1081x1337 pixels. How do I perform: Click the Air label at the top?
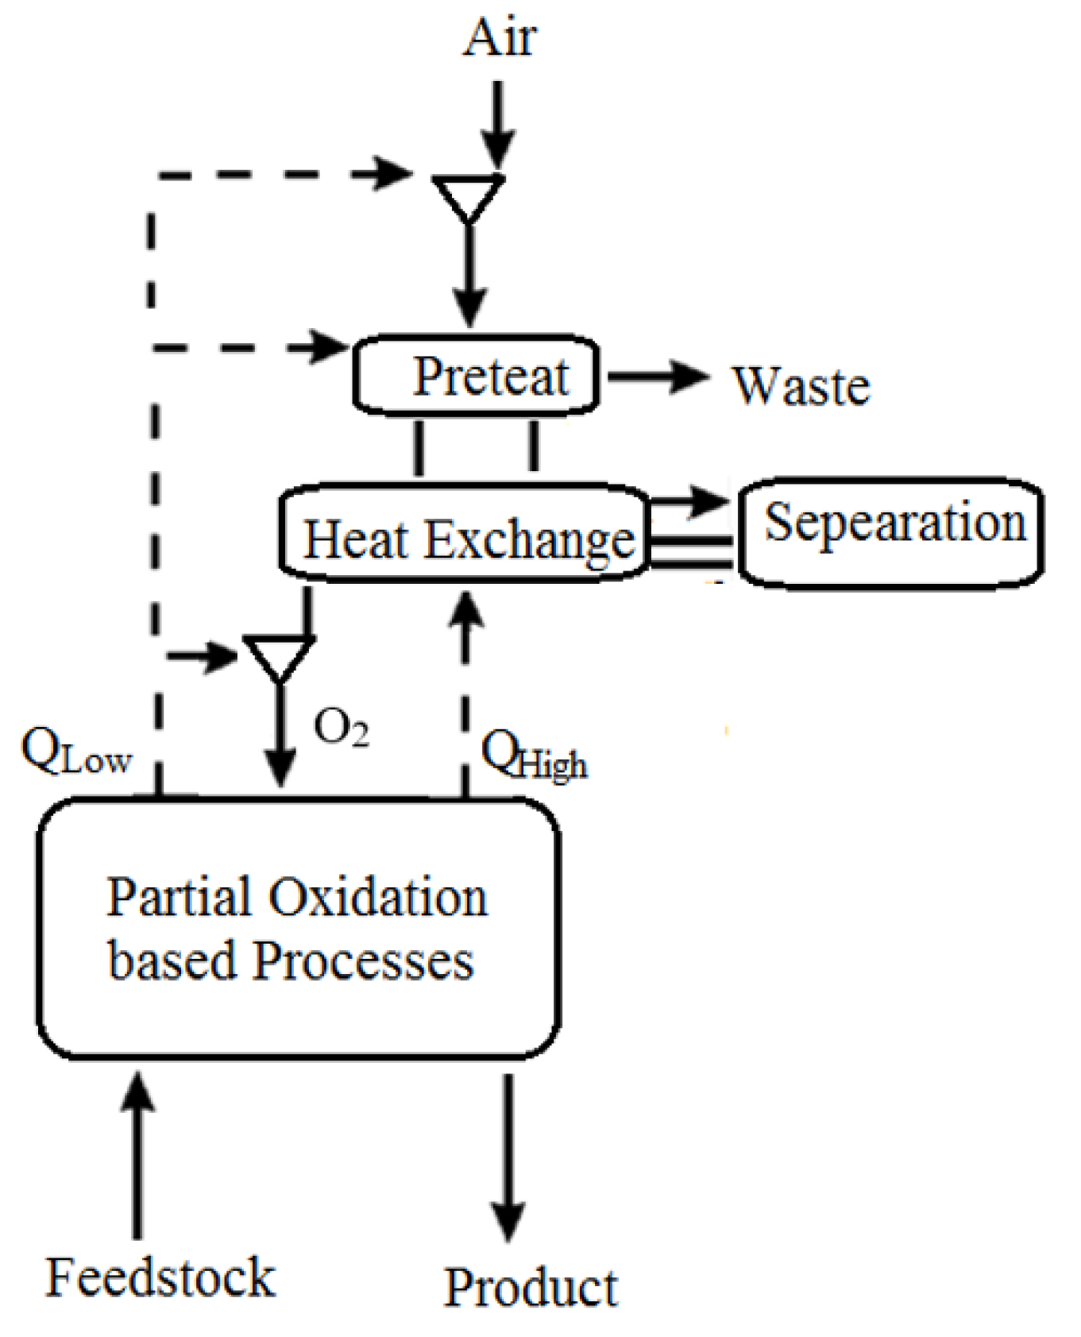click(x=500, y=38)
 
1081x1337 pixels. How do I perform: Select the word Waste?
click(x=801, y=386)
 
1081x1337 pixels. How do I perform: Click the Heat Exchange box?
click(x=465, y=533)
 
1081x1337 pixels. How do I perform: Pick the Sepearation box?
click(x=891, y=532)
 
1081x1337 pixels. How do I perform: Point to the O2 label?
click(x=341, y=727)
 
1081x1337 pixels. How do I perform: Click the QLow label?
click(x=75, y=752)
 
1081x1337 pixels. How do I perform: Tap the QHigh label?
click(x=533, y=755)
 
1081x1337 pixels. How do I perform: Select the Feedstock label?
click(x=160, y=1277)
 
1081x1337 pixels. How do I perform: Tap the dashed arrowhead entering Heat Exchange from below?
click(x=466, y=612)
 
